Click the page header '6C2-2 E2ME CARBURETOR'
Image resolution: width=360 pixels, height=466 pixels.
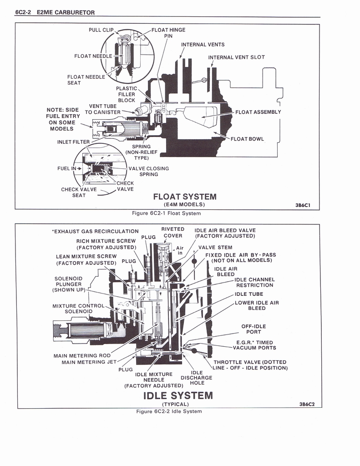point(55,12)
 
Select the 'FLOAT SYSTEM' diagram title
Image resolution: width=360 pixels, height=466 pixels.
point(185,197)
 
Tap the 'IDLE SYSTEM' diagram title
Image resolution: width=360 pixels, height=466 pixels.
point(178,395)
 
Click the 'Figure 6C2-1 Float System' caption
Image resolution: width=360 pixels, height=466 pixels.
point(166,213)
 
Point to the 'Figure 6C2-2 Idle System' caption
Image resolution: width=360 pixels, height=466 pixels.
point(169,411)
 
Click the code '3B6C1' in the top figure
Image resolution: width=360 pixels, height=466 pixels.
point(302,205)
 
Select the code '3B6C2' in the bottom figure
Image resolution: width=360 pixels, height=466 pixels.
point(307,404)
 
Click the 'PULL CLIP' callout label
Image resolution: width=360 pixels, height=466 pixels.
point(101,30)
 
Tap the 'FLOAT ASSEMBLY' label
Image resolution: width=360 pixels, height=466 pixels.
point(258,112)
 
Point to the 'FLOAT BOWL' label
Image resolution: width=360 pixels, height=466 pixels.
point(247,139)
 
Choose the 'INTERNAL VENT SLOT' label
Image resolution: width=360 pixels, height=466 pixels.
point(236,57)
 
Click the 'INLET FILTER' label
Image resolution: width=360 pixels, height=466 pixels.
point(73,142)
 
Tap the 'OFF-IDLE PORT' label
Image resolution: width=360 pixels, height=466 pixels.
point(254,329)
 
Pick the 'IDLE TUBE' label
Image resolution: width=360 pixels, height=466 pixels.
point(248,294)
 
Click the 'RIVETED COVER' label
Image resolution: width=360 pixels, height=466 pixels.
point(173,233)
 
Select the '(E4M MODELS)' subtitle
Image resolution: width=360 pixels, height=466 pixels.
point(184,204)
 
